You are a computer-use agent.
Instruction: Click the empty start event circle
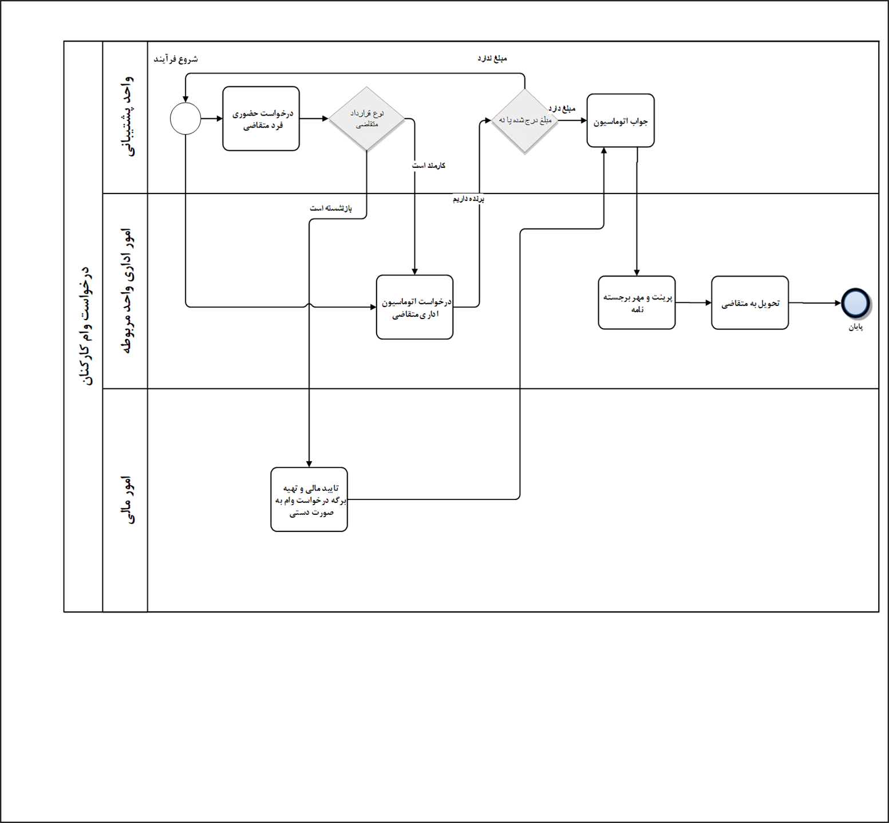[x=185, y=119]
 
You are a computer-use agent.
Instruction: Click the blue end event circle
[x=855, y=303]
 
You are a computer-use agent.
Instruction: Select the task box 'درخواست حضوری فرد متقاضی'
[x=261, y=119]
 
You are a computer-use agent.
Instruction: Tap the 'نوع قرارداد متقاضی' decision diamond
[x=366, y=119]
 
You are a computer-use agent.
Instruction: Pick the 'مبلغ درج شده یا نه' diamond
[x=524, y=120]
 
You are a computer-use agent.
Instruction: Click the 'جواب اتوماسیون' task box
[x=621, y=121]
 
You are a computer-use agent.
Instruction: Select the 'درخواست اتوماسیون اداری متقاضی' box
[x=414, y=308]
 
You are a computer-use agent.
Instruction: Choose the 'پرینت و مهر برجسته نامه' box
[x=637, y=303]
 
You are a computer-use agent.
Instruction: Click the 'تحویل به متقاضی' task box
[x=750, y=303]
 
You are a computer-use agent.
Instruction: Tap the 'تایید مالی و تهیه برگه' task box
[x=309, y=499]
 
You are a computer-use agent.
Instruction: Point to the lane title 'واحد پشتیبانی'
[x=126, y=117]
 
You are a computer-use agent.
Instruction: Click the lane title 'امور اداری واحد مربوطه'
[x=126, y=291]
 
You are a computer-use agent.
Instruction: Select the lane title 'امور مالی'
[x=126, y=500]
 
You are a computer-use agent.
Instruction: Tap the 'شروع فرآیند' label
[x=176, y=59]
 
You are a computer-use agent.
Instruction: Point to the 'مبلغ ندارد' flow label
[x=492, y=58]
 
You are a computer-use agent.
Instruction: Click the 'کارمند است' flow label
[x=429, y=166]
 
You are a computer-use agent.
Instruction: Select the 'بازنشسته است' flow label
[x=331, y=208]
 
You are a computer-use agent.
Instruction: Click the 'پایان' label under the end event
[x=855, y=327]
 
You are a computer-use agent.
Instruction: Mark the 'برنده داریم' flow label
[x=469, y=199]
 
